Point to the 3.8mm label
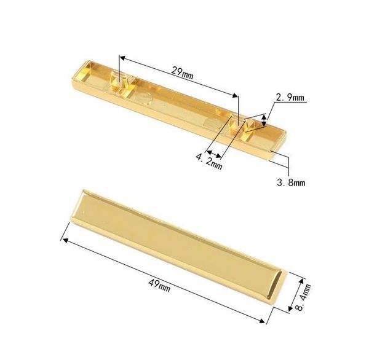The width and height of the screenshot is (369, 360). click(292, 182)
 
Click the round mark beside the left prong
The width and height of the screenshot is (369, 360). click(145, 99)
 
